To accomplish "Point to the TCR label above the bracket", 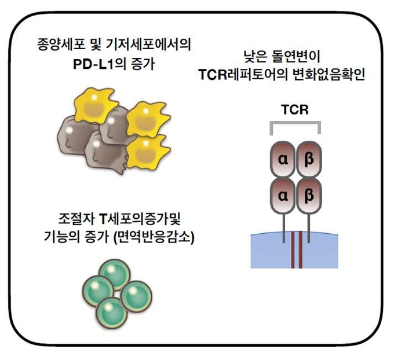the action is click(295, 109).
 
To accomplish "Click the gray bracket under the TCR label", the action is click(295, 123).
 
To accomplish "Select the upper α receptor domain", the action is click(283, 159).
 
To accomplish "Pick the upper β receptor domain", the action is click(309, 159).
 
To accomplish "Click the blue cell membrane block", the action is click(294, 250).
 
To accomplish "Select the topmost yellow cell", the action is click(96, 105).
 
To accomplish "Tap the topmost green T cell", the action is click(115, 275).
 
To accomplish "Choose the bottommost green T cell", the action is click(112, 313).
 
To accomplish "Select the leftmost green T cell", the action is click(99, 291).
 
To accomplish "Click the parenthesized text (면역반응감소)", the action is click(154, 237).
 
